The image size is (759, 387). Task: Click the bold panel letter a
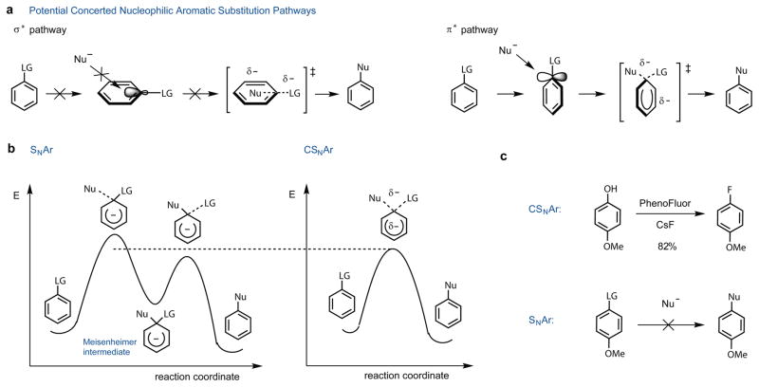point(8,9)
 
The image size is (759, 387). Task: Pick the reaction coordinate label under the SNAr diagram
point(197,377)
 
